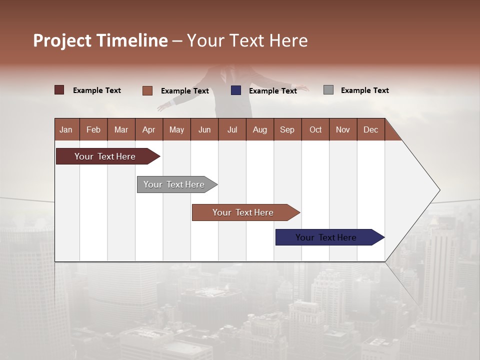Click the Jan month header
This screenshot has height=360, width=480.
[66, 129]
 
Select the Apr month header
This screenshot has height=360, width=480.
[148, 129]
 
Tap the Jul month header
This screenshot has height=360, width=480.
[232, 129]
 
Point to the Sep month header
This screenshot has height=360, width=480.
[287, 129]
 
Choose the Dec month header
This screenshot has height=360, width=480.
[370, 129]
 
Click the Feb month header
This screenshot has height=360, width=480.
[93, 129]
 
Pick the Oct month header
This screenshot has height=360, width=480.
[315, 129]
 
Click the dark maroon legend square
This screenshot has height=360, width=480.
[59, 90]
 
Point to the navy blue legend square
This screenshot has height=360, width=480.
[236, 90]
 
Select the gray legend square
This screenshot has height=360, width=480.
[328, 90]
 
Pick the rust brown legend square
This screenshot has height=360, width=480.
[147, 90]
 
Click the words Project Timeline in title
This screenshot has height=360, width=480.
[100, 40]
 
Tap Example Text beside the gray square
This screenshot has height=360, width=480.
[364, 90]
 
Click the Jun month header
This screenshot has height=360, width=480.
[204, 129]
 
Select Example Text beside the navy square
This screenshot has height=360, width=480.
[272, 91]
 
